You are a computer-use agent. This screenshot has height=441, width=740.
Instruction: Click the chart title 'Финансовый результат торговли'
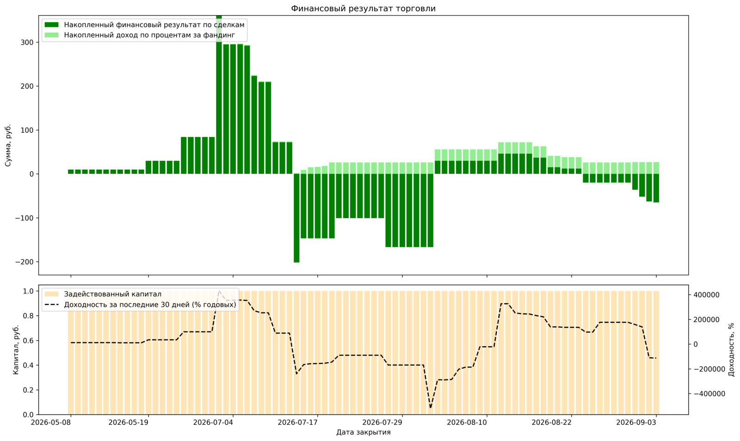pyautogui.click(x=363, y=8)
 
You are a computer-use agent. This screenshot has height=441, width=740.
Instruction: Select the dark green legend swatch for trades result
pyautogui.click(x=51, y=25)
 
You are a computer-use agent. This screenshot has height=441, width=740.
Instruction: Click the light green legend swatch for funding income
pyautogui.click(x=51, y=35)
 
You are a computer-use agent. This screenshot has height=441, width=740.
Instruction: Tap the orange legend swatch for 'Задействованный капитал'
pyautogui.click(x=51, y=294)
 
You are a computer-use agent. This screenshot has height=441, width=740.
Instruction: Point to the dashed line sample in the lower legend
pyautogui.click(x=51, y=304)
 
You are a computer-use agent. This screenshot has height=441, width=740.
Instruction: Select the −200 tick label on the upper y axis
pyautogui.click(x=25, y=262)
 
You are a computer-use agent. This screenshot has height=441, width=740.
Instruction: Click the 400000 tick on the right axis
pyautogui.click(x=706, y=295)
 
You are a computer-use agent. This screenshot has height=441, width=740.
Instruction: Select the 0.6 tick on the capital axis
pyautogui.click(x=28, y=340)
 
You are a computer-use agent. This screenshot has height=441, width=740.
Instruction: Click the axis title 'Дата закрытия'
pyautogui.click(x=364, y=432)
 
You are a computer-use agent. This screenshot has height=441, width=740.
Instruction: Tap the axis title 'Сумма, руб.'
pyautogui.click(x=8, y=145)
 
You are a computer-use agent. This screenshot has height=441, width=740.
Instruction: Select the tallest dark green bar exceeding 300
pyautogui.click(x=219, y=95)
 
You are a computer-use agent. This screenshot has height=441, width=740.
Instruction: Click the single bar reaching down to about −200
pyautogui.click(x=296, y=218)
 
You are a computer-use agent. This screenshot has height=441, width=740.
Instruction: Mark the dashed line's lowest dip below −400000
pyautogui.click(x=431, y=407)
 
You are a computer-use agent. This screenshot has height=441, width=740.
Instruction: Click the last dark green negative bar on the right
pyautogui.click(x=656, y=188)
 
